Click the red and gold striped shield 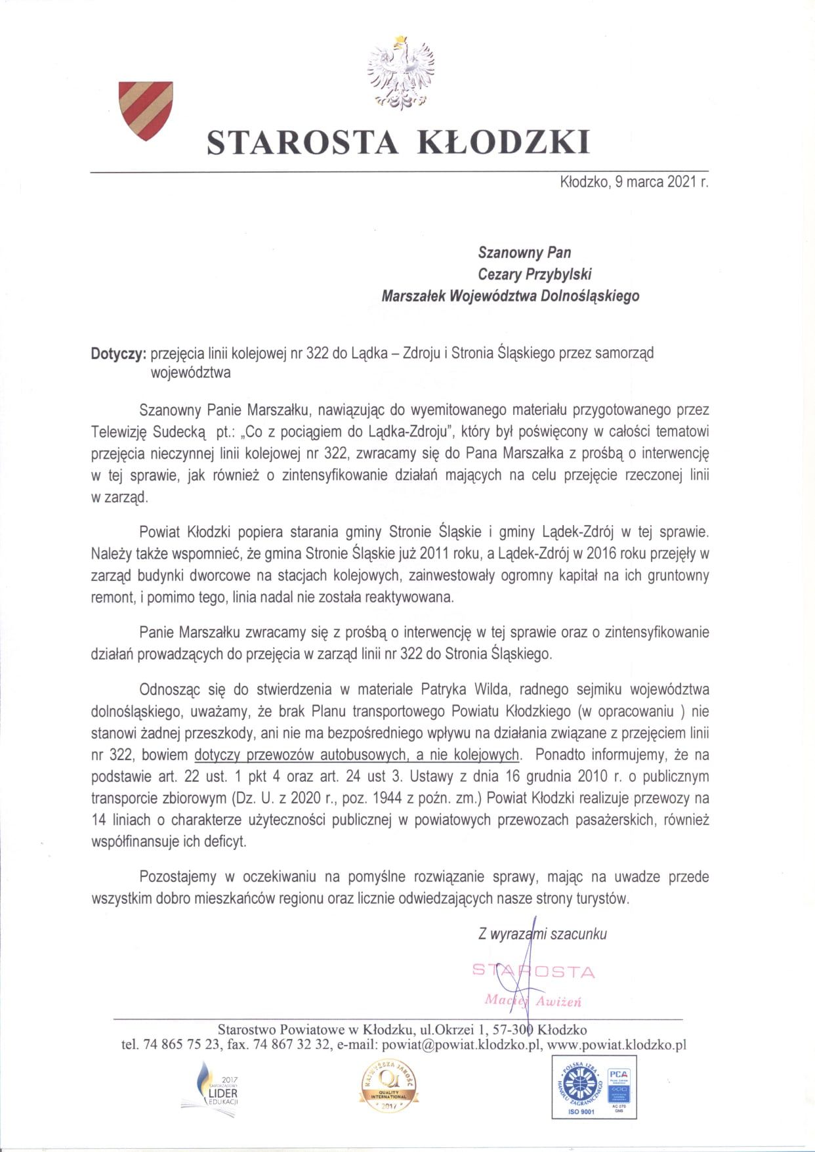[x=145, y=110]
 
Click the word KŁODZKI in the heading [x=504, y=142]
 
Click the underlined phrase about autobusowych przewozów [x=357, y=755]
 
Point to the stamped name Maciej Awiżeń [x=533, y=1001]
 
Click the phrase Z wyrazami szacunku [x=543, y=933]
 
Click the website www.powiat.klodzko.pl [x=616, y=1044]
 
